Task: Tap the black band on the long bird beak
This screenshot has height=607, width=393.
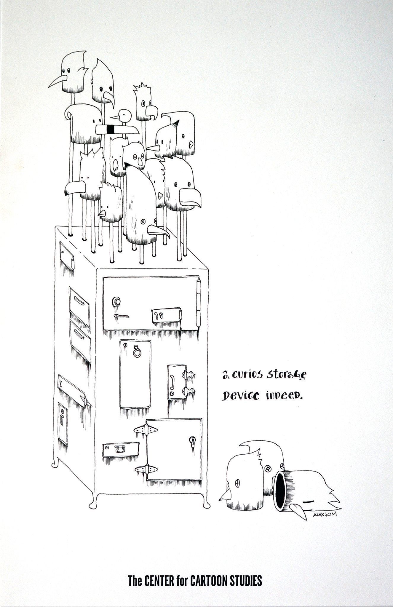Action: click(x=111, y=129)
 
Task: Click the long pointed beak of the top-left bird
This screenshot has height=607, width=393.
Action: click(x=56, y=82)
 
